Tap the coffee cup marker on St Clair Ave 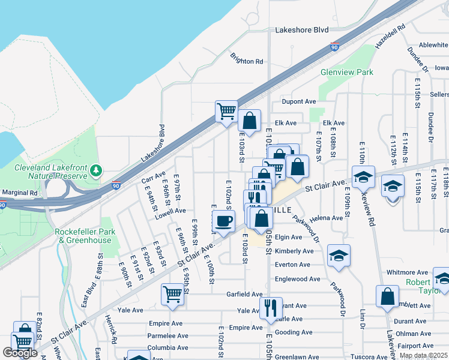pos(223,221)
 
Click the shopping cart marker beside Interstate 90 pos(226,111)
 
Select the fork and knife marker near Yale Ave pos(270,308)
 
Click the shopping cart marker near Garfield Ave pos(172,295)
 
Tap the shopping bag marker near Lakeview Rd pos(388,296)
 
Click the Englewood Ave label pos(297,279)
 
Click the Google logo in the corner pos(20,353)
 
